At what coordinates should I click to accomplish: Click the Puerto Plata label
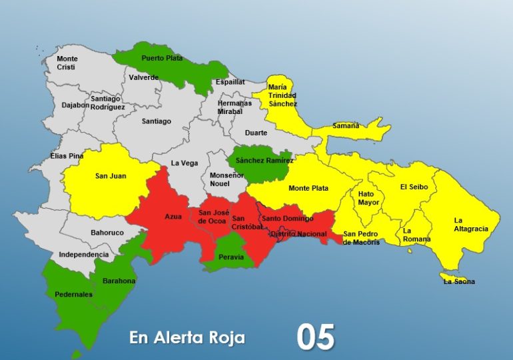tap(162, 59)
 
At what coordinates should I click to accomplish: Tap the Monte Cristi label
tap(67, 63)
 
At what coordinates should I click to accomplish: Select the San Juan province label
tap(110, 176)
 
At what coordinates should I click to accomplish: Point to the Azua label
tap(173, 217)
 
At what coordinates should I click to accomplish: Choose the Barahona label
tap(119, 281)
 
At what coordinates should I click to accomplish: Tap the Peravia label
tap(231, 257)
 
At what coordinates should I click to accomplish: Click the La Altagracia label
tap(471, 224)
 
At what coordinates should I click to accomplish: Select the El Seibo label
tap(413, 187)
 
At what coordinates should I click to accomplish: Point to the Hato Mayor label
tap(368, 197)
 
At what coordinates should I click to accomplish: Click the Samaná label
tap(346, 125)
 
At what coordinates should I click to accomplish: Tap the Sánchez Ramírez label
tap(264, 161)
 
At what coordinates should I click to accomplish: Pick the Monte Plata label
tap(308, 188)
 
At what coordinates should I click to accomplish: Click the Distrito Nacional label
tap(298, 233)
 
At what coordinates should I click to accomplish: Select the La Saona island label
tap(460, 281)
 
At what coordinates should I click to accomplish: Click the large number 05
tap(316, 337)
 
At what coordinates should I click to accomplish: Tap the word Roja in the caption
tap(225, 338)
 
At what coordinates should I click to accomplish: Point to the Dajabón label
tap(75, 105)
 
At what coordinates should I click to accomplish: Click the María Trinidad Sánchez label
tap(282, 95)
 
